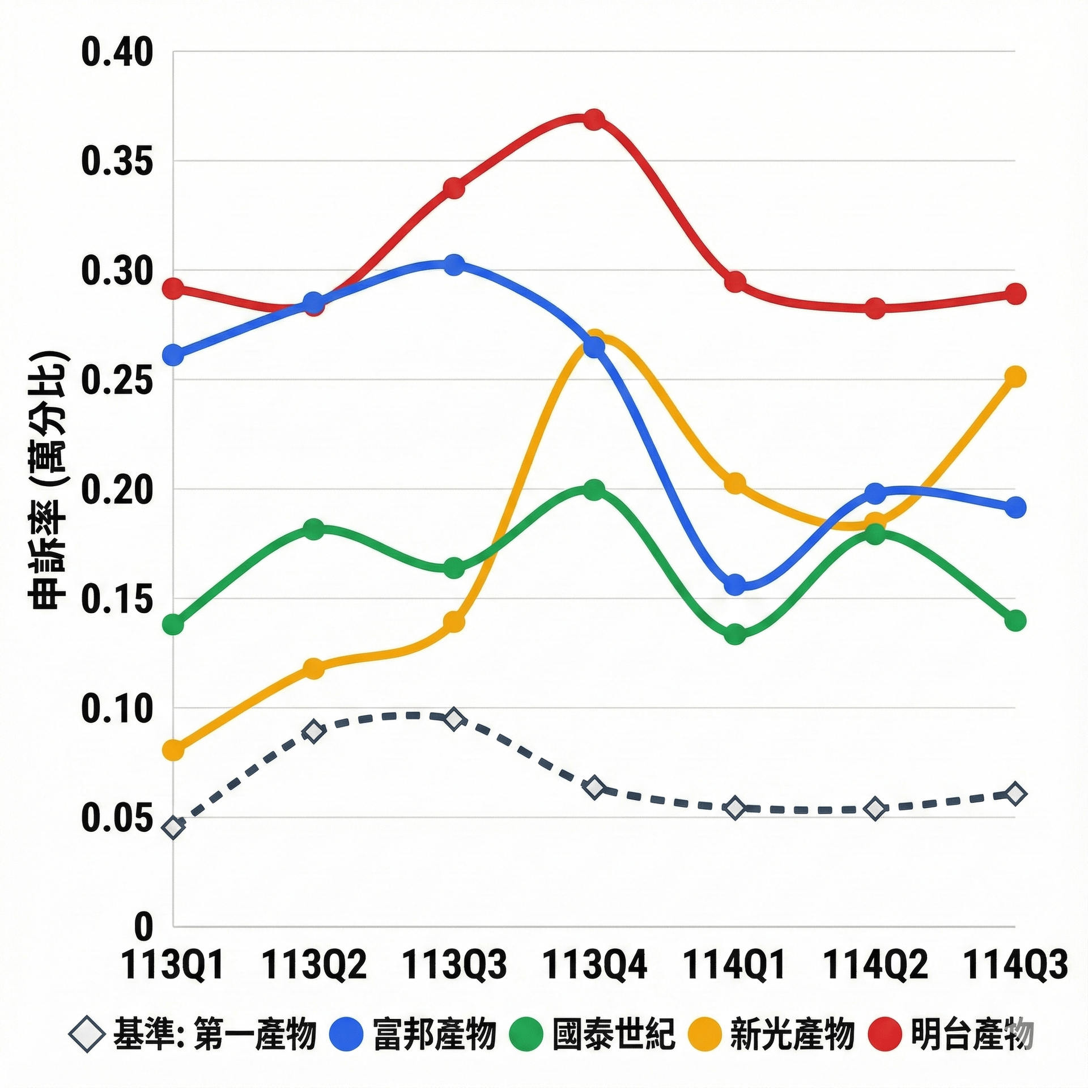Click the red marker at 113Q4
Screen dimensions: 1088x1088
pyautogui.click(x=594, y=120)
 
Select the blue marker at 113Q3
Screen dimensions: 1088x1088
pyautogui.click(x=453, y=264)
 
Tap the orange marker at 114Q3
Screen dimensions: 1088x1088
pyautogui.click(x=1017, y=376)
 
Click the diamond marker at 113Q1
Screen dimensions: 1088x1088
pyautogui.click(x=174, y=827)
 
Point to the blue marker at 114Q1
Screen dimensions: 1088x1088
pyautogui.click(x=736, y=584)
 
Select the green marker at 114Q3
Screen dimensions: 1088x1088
pyautogui.click(x=1017, y=620)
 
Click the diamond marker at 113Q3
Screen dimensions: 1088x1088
pyautogui.click(x=453, y=719)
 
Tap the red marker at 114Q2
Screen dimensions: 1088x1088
pyautogui.click(x=875, y=308)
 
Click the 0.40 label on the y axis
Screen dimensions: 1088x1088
pyautogui.click(x=117, y=53)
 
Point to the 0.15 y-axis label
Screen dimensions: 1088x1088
pyautogui.click(x=117, y=599)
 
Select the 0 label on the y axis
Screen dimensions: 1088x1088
pyautogui.click(x=144, y=926)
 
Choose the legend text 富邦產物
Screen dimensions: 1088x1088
pyautogui.click(x=435, y=1034)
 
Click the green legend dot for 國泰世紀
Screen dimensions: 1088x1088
pyautogui.click(x=526, y=1034)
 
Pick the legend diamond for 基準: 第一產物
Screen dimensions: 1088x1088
pyautogui.click(x=86, y=1034)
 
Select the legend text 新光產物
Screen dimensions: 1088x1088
pyautogui.click(x=792, y=1034)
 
